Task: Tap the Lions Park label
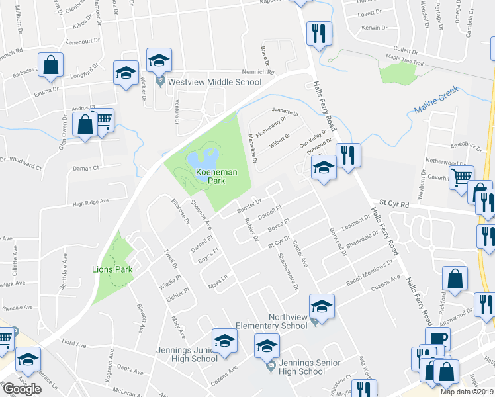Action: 112,269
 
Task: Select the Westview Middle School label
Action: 214,83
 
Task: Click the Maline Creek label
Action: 436,103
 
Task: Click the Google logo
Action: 22,388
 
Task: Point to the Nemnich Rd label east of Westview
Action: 242,72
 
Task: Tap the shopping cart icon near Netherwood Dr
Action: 461,176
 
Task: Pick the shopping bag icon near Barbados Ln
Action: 50,65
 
